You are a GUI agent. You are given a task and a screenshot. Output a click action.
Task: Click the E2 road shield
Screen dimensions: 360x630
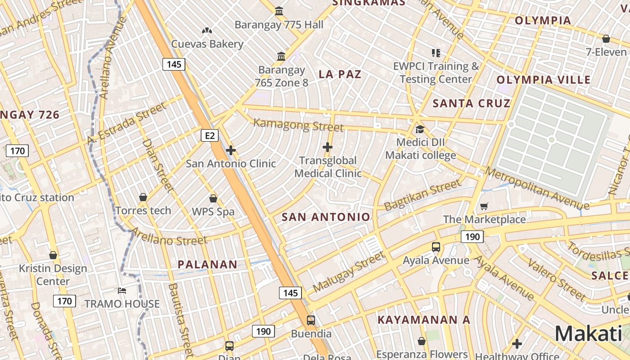tap(210, 135)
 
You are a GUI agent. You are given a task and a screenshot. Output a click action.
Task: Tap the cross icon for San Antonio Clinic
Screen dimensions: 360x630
tap(231, 150)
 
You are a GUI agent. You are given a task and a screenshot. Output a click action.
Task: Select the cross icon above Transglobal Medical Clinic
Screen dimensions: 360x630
tap(328, 147)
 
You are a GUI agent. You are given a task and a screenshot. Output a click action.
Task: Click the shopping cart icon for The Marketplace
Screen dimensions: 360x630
tap(484, 207)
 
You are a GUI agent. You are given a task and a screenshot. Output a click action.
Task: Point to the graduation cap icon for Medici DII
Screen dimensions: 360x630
tap(420, 130)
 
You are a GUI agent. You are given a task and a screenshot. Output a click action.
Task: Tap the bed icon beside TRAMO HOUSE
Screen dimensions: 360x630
tap(122, 291)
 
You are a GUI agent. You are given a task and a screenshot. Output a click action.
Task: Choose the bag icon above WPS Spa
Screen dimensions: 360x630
tap(213, 198)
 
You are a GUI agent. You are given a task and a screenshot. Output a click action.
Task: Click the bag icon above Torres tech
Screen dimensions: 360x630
tap(143, 197)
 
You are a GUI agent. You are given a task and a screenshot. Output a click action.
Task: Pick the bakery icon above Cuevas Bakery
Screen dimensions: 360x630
tap(207, 31)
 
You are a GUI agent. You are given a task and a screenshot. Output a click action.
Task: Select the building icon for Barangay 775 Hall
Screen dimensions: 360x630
tap(279, 11)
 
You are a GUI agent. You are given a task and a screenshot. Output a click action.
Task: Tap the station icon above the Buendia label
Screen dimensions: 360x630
tap(311, 320)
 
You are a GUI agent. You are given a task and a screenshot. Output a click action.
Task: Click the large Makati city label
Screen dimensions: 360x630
tap(588, 334)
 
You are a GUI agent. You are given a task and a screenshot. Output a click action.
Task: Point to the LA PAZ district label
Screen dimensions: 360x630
tap(340, 74)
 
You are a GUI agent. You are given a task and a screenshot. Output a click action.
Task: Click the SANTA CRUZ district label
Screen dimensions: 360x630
tap(472, 103)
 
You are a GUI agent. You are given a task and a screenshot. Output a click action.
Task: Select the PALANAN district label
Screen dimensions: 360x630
tap(207, 265)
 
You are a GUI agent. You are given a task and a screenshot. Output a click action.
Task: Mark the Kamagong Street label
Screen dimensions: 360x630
tap(298, 125)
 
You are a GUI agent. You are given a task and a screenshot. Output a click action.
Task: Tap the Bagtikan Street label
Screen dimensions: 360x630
tap(423, 195)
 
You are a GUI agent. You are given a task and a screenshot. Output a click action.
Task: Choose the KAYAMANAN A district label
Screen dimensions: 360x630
tap(423, 320)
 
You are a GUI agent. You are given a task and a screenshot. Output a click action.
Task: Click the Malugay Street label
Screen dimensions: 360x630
tap(349, 272)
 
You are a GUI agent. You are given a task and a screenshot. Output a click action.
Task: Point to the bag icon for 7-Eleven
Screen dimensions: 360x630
tap(606, 39)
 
